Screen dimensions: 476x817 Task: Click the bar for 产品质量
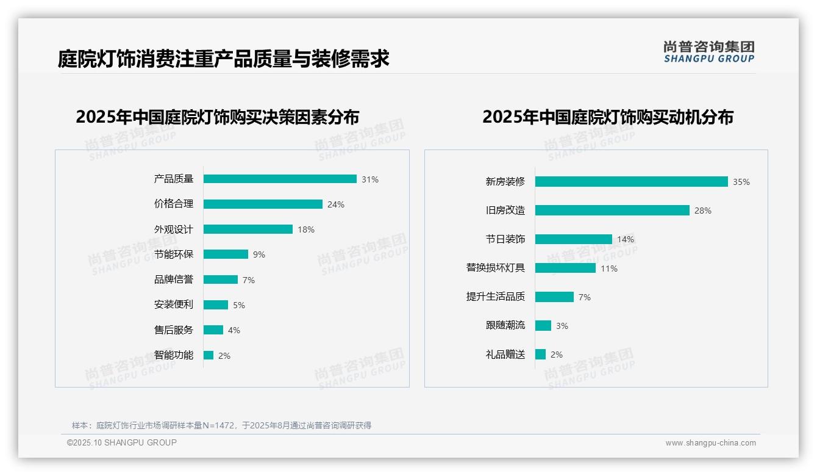280,179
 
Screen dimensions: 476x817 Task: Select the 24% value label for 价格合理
336,204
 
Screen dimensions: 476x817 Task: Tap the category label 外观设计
173,229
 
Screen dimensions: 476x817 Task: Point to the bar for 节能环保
226,254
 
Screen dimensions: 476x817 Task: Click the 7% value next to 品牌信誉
248,280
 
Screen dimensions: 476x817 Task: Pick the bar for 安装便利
216,305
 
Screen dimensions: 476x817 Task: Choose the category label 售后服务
173,330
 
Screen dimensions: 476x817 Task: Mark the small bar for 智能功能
209,355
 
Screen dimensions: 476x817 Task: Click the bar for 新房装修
631,181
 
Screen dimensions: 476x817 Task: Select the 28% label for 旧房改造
702,211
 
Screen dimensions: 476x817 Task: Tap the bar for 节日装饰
573,239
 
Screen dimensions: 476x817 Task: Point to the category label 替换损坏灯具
496,268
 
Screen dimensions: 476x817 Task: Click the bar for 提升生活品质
554,297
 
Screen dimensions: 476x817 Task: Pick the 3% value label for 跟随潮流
562,326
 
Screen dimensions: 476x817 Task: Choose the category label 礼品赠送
505,355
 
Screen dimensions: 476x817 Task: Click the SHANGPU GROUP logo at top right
708,52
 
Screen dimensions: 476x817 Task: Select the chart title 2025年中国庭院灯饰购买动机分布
607,117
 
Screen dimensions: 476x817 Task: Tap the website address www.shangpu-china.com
710,443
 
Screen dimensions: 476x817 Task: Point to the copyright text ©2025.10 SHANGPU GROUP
122,442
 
